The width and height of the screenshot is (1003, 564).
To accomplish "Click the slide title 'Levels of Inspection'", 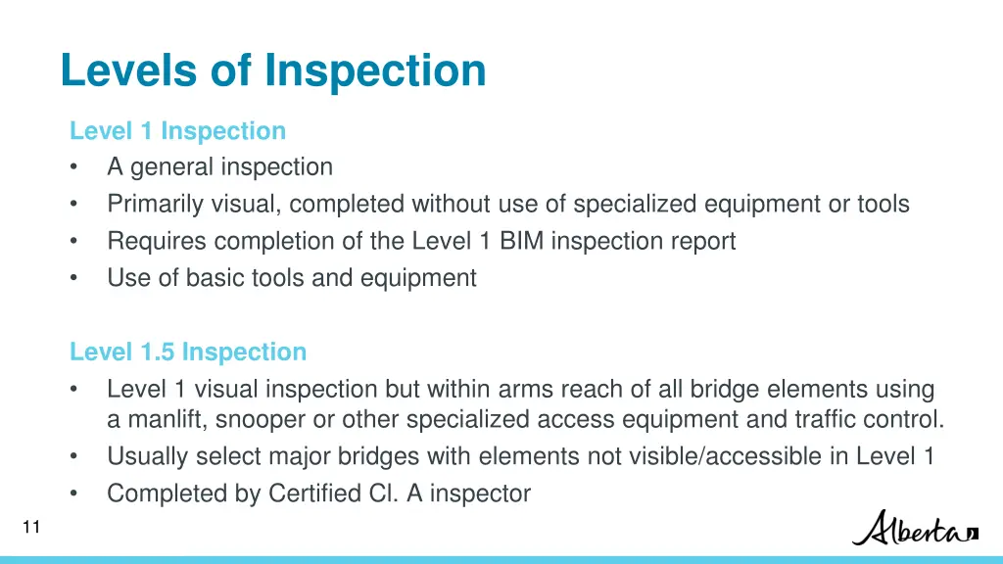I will coord(272,70).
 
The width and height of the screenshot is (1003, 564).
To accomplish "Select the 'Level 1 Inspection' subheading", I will coord(177,130).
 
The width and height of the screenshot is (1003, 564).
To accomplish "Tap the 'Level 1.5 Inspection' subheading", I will coord(188,352).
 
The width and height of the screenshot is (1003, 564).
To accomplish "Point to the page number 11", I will coord(30,528).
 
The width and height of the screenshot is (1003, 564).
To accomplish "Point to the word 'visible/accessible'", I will coord(724,456).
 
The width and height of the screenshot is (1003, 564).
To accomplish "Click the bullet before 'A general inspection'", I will coord(74,167).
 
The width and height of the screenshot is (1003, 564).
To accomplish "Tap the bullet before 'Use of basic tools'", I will coord(74,278).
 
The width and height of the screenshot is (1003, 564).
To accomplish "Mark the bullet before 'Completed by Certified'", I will coord(74,493).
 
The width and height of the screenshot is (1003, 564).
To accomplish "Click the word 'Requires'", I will coord(156,241).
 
